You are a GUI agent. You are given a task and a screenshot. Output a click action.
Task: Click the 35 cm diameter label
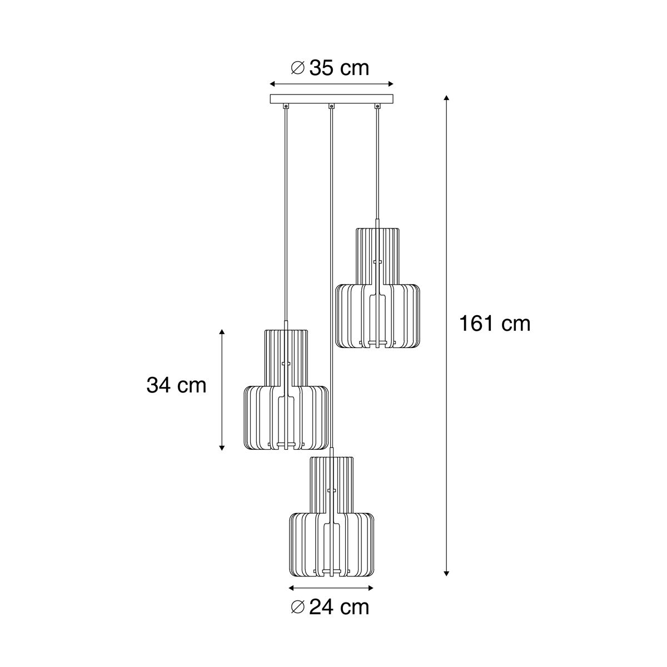click(x=330, y=68)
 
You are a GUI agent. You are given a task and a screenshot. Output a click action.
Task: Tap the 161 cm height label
click(x=495, y=324)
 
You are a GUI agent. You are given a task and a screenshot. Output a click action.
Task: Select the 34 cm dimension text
click(x=177, y=385)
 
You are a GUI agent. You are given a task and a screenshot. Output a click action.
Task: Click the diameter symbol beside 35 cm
click(x=298, y=68)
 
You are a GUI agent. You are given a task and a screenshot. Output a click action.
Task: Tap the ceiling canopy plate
click(x=332, y=98)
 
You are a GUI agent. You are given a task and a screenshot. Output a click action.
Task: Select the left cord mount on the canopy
click(x=286, y=106)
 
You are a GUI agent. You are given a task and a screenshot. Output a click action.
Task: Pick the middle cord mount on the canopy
click(x=332, y=106)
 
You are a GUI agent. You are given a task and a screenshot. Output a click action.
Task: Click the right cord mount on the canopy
click(x=377, y=106)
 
